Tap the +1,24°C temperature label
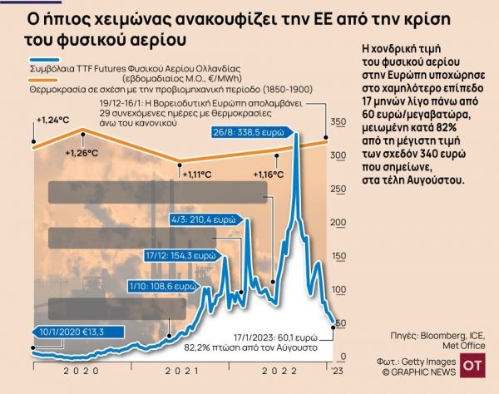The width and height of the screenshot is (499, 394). pyautogui.click(x=52, y=120)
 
